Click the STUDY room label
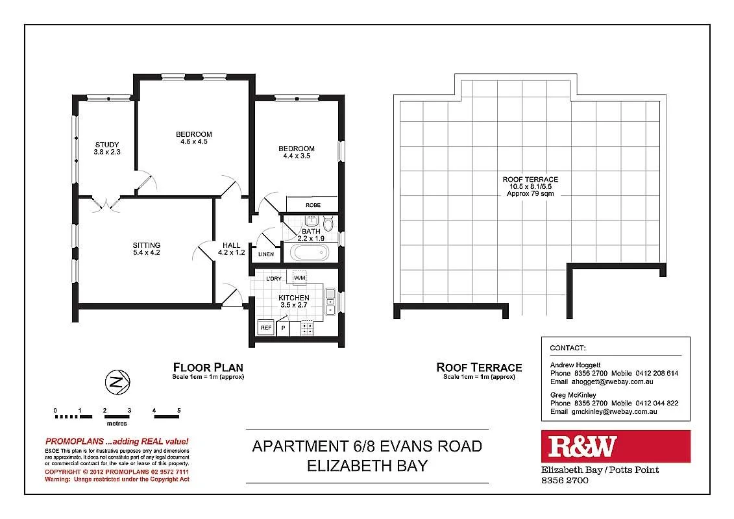point(107,145)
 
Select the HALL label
point(231,245)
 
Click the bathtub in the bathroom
point(310,253)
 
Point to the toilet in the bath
point(328,224)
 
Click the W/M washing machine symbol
point(300,278)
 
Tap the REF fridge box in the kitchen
point(266,328)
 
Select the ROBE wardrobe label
point(313,205)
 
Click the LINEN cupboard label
point(266,254)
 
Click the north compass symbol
point(117,383)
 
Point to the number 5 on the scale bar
point(178,411)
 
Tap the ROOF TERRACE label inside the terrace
point(530,180)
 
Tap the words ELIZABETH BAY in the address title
point(367,466)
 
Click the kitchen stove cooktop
point(306,328)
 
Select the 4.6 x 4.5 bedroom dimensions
point(193,141)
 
